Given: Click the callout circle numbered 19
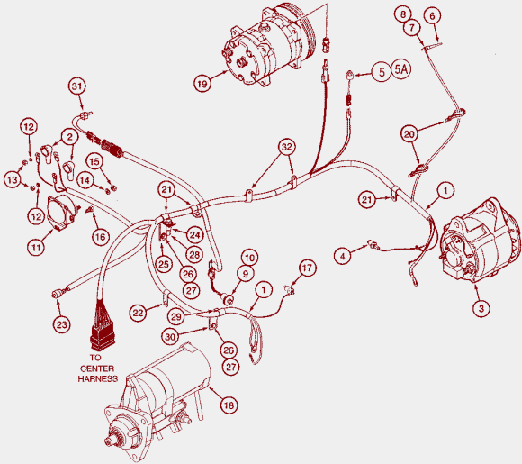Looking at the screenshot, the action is (x=202, y=83).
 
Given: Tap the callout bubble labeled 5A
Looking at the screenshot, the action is (x=400, y=69).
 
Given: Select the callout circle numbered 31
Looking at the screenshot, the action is (x=76, y=86).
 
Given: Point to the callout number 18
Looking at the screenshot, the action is (x=229, y=405).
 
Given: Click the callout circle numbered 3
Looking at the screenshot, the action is (x=481, y=308).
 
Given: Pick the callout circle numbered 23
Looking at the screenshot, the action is (x=62, y=324).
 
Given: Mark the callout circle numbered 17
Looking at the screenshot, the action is (x=307, y=268).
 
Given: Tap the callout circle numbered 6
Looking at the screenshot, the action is (x=432, y=16).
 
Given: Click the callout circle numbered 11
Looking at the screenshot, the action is (x=36, y=247).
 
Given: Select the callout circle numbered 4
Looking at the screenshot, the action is (x=343, y=256).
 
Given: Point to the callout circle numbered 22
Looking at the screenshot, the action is (x=139, y=313).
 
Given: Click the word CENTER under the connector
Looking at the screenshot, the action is (x=97, y=368).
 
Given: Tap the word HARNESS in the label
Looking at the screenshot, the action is (x=98, y=378).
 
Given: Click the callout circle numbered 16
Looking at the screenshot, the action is (x=101, y=237).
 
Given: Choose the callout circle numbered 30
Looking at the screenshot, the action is (x=170, y=337).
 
